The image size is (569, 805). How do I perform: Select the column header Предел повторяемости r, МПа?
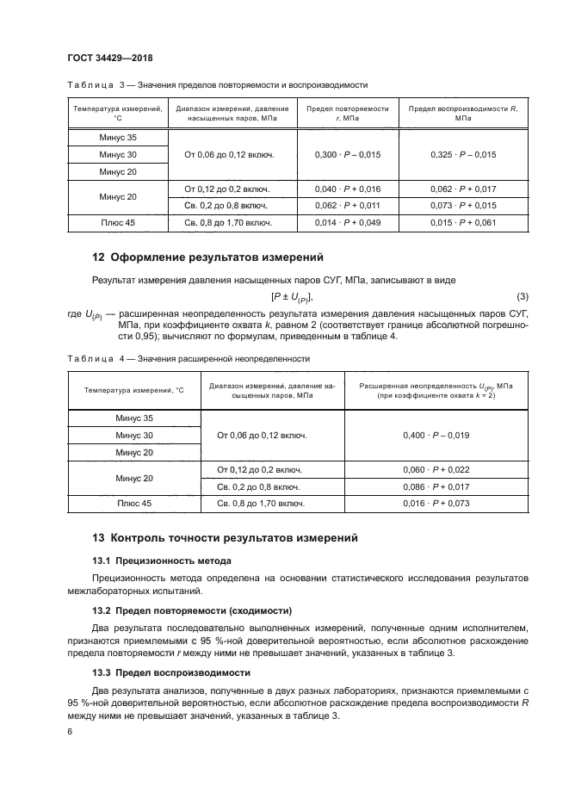click(348, 113)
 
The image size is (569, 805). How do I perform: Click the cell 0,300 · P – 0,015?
click(348, 154)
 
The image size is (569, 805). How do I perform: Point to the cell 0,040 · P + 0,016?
click(348, 189)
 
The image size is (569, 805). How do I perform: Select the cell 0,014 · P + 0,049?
click(348, 223)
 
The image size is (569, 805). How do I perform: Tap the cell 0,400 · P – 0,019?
click(436, 436)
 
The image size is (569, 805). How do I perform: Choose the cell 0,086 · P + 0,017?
click(436, 486)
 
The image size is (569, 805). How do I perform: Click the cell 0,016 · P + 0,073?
click(436, 504)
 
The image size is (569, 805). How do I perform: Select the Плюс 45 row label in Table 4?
click(133, 504)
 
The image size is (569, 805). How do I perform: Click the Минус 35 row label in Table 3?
click(118, 138)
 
